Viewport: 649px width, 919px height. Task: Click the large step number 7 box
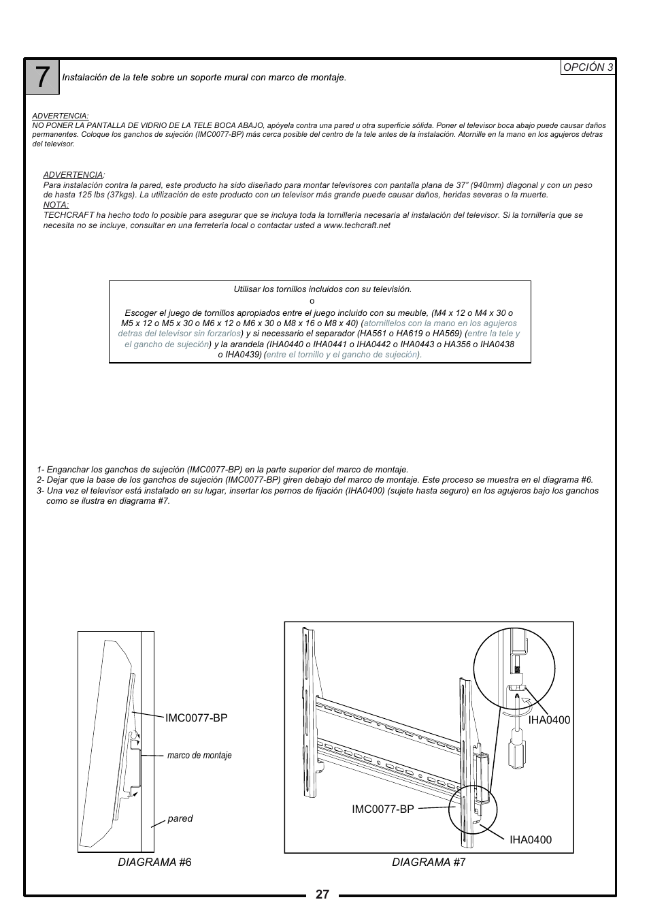(43, 78)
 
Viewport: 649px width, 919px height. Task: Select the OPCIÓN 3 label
(588, 67)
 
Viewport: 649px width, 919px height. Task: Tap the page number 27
(322, 894)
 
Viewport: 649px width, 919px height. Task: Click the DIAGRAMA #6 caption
(154, 862)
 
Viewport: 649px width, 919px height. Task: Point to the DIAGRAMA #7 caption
(429, 862)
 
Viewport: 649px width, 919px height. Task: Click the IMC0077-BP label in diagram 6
(196, 718)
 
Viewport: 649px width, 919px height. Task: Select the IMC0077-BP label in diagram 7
(382, 809)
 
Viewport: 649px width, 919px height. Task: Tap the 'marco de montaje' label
(199, 755)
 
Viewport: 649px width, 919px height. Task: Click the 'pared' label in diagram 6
(180, 818)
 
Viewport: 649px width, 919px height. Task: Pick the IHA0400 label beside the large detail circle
(549, 720)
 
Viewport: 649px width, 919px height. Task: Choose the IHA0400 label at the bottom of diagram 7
(531, 839)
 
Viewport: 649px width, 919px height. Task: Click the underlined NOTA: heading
(56, 205)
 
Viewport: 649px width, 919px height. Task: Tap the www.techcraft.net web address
(356, 225)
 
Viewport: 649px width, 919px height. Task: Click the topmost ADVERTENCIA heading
(61, 116)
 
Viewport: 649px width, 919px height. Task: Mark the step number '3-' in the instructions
(41, 490)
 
